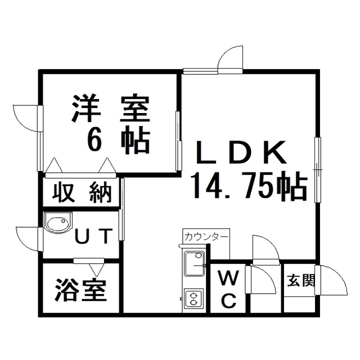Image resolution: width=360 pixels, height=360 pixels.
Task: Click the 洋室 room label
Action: (x=111, y=108)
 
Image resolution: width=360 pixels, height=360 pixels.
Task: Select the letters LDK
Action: (x=241, y=152)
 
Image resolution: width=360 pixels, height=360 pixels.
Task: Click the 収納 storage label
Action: (x=82, y=192)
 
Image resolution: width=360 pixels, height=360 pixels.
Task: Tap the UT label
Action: (x=94, y=236)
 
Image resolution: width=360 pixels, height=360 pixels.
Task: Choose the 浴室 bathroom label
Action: (x=81, y=290)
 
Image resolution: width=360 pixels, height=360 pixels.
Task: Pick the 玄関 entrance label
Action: (x=300, y=280)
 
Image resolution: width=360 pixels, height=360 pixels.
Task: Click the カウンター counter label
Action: (x=206, y=236)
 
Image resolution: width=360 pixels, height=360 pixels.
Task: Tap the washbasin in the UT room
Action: (x=58, y=223)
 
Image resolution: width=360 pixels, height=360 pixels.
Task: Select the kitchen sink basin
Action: (x=195, y=264)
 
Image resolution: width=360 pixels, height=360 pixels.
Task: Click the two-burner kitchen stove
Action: (x=194, y=298)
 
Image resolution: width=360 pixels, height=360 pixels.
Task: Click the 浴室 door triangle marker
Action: (x=96, y=269)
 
